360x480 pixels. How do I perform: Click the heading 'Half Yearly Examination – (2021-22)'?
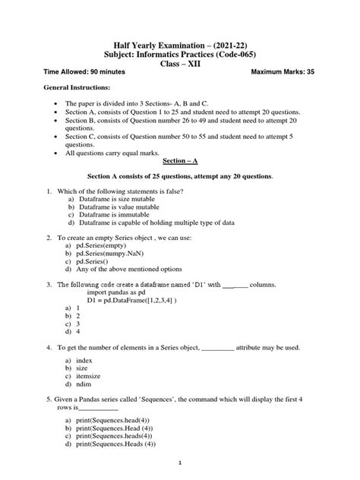[x=179, y=43]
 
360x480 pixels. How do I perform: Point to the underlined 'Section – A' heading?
[x=179, y=162]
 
